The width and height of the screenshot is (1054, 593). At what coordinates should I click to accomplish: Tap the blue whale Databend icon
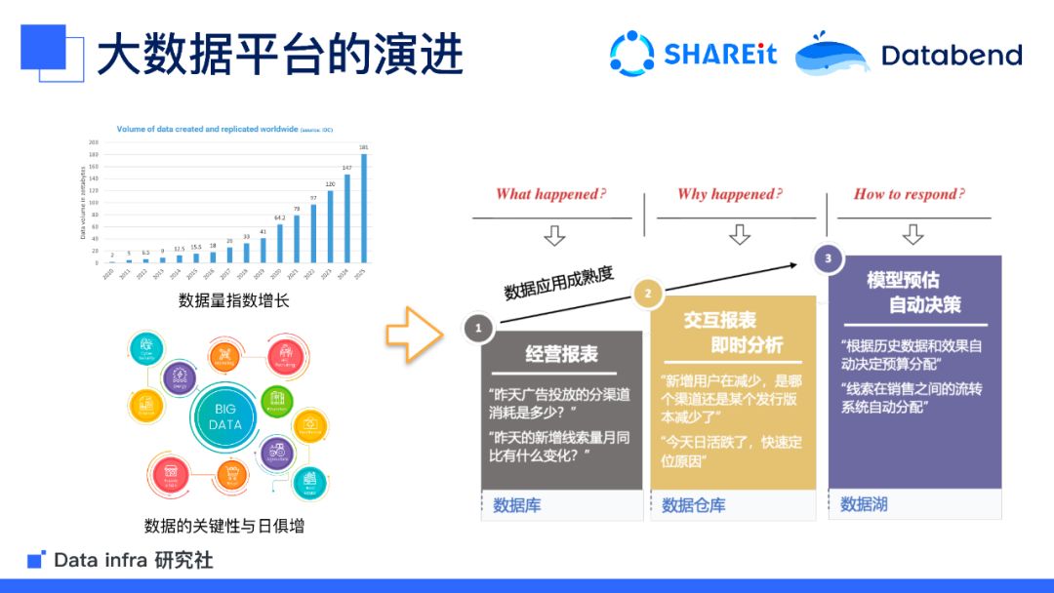pyautogui.click(x=831, y=55)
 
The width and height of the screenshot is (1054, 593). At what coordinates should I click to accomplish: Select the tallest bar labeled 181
pyautogui.click(x=364, y=208)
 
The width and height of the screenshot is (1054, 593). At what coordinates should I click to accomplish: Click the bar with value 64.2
pyautogui.click(x=279, y=243)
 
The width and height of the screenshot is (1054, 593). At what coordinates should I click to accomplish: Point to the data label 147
pyautogui.click(x=346, y=168)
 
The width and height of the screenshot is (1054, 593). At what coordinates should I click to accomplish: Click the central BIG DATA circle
pyautogui.click(x=225, y=416)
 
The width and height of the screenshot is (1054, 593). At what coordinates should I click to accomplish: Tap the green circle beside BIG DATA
pyautogui.click(x=276, y=402)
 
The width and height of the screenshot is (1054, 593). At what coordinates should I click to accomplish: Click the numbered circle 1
pyautogui.click(x=478, y=329)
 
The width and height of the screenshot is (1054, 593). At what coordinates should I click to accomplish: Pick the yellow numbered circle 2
pyautogui.click(x=647, y=293)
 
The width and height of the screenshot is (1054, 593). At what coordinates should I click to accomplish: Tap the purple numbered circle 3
pyautogui.click(x=829, y=258)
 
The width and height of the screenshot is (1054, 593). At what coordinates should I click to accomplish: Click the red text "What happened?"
pyautogui.click(x=550, y=194)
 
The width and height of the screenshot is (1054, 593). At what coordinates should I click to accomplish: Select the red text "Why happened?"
pyautogui.click(x=730, y=194)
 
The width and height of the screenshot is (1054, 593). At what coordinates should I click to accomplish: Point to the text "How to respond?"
pyautogui.click(x=909, y=194)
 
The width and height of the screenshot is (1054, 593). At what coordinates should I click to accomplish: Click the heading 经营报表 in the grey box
pyautogui.click(x=561, y=354)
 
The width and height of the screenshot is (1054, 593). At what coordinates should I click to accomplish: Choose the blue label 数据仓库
pyautogui.click(x=693, y=505)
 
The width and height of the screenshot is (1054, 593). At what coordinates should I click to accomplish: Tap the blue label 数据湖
pyautogui.click(x=864, y=504)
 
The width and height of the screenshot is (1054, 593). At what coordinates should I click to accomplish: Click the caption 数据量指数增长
pyautogui.click(x=234, y=300)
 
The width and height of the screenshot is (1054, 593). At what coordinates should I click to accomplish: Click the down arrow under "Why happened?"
pyautogui.click(x=740, y=234)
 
